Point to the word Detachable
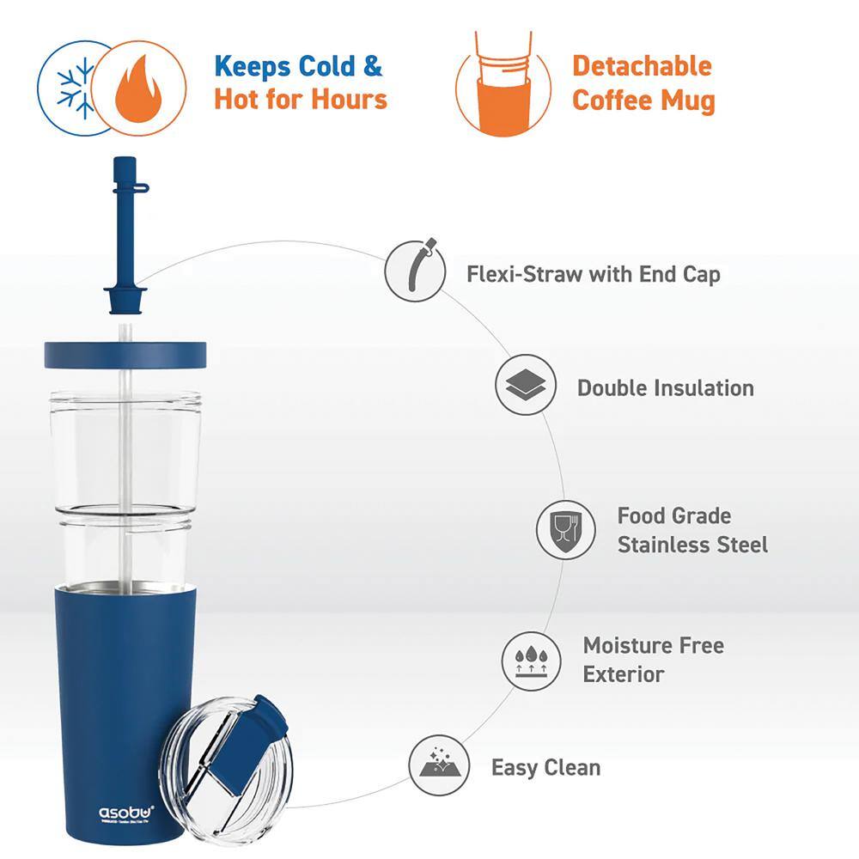coord(642,66)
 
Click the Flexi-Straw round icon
coord(417,270)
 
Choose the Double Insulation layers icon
coord(527,387)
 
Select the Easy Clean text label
coord(545,767)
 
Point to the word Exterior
coord(624,674)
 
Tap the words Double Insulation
coord(665,387)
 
